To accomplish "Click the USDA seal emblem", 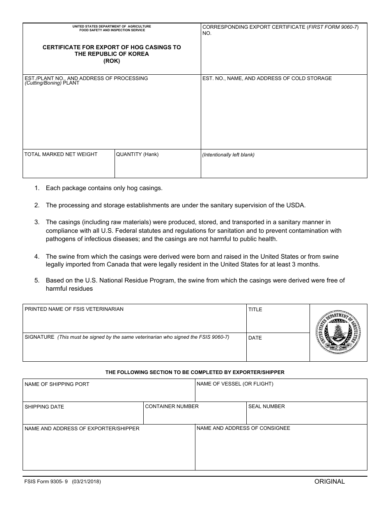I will (x=338, y=333).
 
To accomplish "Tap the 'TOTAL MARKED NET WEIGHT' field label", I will (x=61, y=154).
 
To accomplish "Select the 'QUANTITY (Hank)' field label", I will (x=137, y=154).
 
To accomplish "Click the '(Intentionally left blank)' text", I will (x=228, y=155).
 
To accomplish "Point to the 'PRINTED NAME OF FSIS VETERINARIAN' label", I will (x=74, y=309).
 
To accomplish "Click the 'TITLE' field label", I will (x=255, y=310).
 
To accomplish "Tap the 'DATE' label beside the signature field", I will (x=255, y=338).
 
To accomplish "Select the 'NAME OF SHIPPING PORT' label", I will (x=57, y=384).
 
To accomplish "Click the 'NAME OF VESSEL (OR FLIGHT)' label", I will (x=235, y=384).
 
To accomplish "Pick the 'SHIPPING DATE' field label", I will (x=44, y=407).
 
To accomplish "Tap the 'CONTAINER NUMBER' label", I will (x=172, y=406).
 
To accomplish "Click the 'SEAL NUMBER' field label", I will (x=266, y=406).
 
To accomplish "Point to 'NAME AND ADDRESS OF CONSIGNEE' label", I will (x=243, y=428).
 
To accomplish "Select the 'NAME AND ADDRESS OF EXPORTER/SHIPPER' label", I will (x=82, y=429).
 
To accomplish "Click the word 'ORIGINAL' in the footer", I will (x=330, y=482).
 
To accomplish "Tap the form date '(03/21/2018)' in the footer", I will (x=86, y=482).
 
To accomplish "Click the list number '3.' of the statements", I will (x=37, y=223).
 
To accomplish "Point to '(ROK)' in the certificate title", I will (x=112, y=61).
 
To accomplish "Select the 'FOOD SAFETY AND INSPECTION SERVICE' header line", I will (x=112, y=30).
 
